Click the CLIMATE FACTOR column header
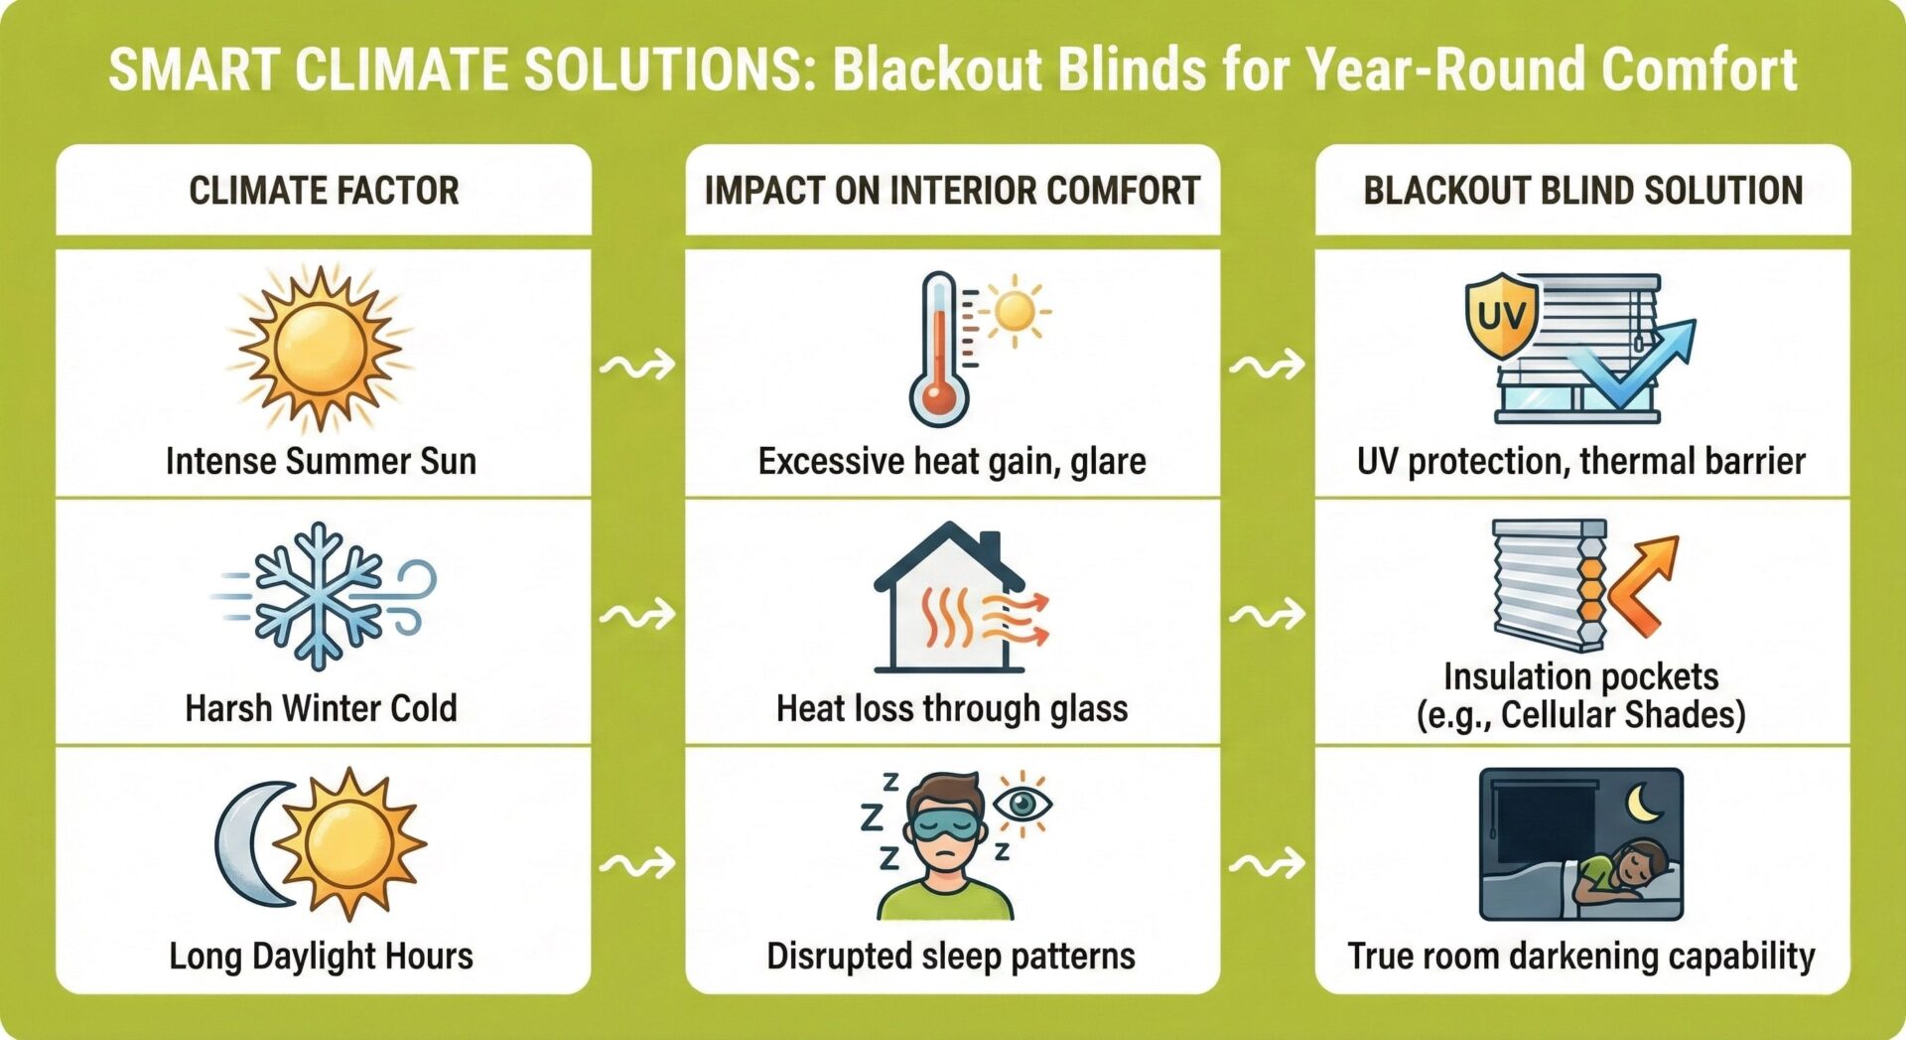[x=324, y=190]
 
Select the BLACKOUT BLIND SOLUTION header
[x=1582, y=190]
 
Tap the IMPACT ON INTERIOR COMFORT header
[x=952, y=190]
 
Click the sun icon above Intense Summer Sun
[x=320, y=349]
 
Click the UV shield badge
[x=1501, y=315]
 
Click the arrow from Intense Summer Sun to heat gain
[x=637, y=367]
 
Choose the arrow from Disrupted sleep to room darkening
[x=1267, y=864]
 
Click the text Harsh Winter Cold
[x=321, y=708]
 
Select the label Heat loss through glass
[x=952, y=708]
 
